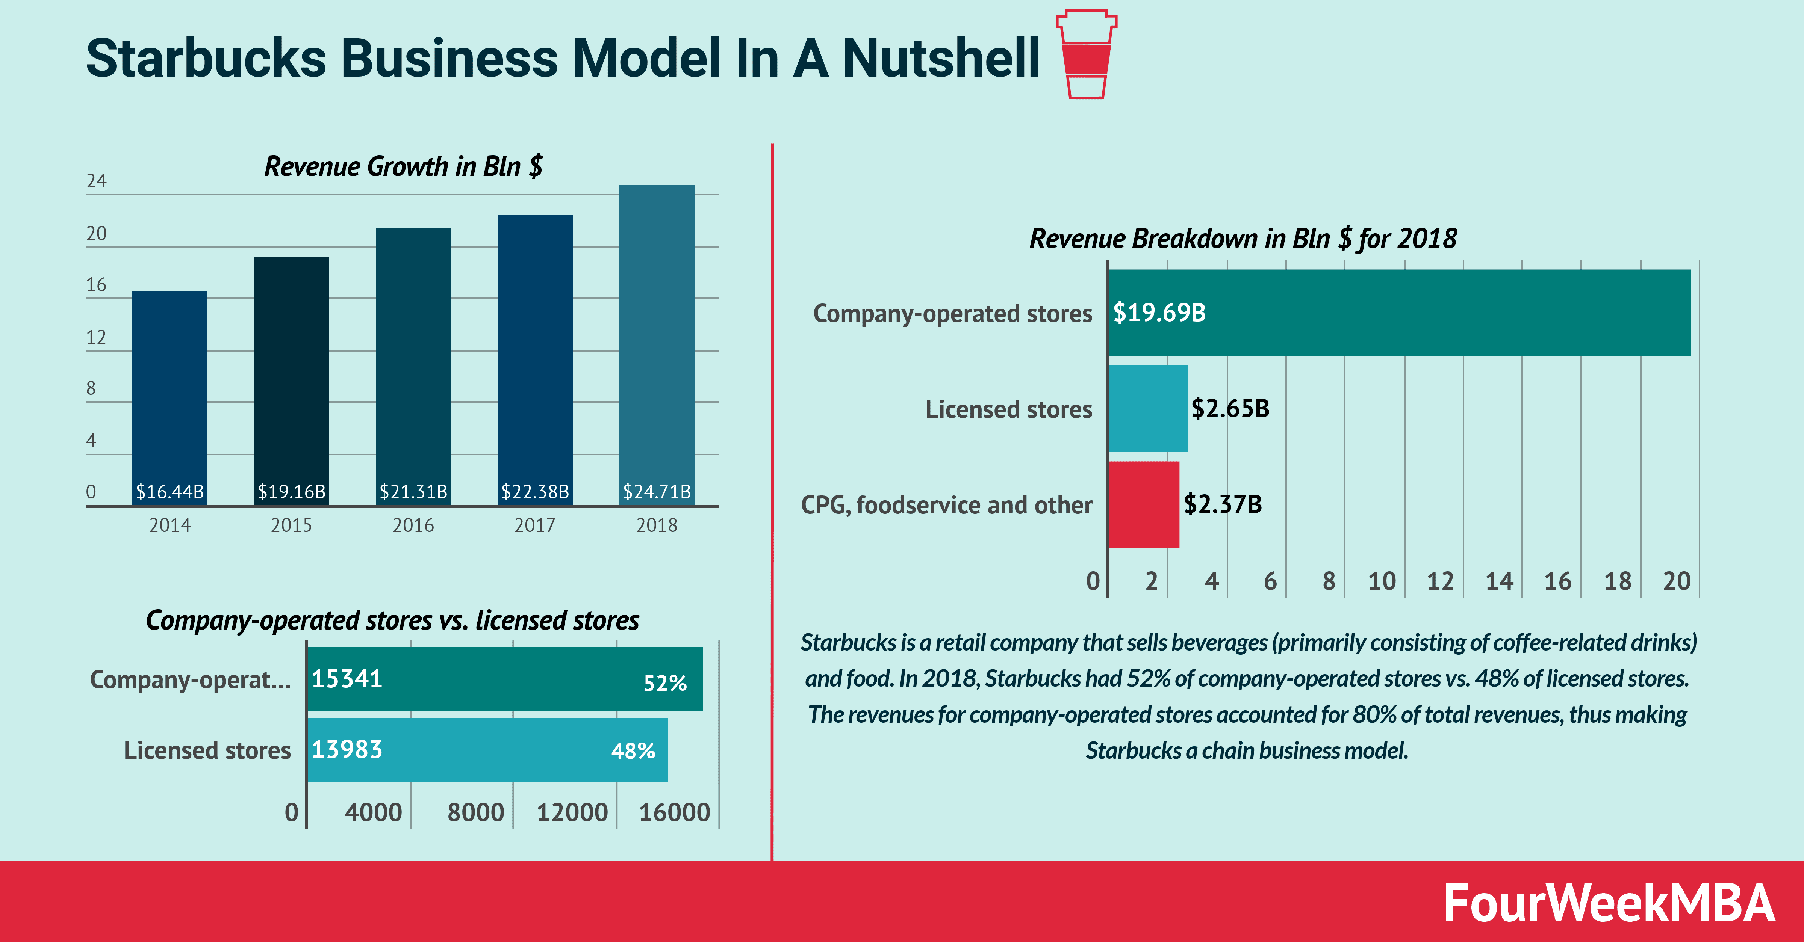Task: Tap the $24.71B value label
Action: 656,491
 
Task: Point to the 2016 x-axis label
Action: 413,525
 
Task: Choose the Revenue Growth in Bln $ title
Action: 403,166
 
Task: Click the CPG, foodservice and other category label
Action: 946,504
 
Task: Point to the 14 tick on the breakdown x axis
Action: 1499,581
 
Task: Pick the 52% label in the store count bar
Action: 664,683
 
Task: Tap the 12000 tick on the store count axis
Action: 572,812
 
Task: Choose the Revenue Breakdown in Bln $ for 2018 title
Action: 1243,239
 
